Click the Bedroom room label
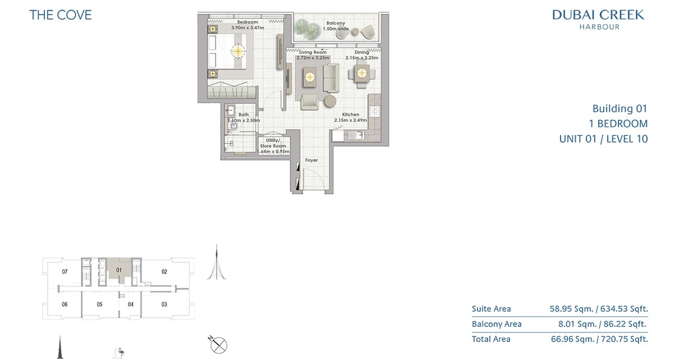(247, 22)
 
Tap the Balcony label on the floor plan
(335, 23)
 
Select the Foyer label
(311, 160)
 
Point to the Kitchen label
(350, 115)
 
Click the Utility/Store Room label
(273, 143)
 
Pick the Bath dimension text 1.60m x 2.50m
(244, 120)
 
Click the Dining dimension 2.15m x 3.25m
(362, 58)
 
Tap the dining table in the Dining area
(362, 73)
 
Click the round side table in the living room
(330, 101)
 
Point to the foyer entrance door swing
(313, 179)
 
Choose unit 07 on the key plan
(65, 272)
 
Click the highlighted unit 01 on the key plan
(119, 270)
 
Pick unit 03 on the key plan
(164, 304)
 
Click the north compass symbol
(218, 345)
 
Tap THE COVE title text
(61, 15)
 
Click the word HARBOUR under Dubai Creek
(599, 27)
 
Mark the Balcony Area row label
(497, 324)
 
